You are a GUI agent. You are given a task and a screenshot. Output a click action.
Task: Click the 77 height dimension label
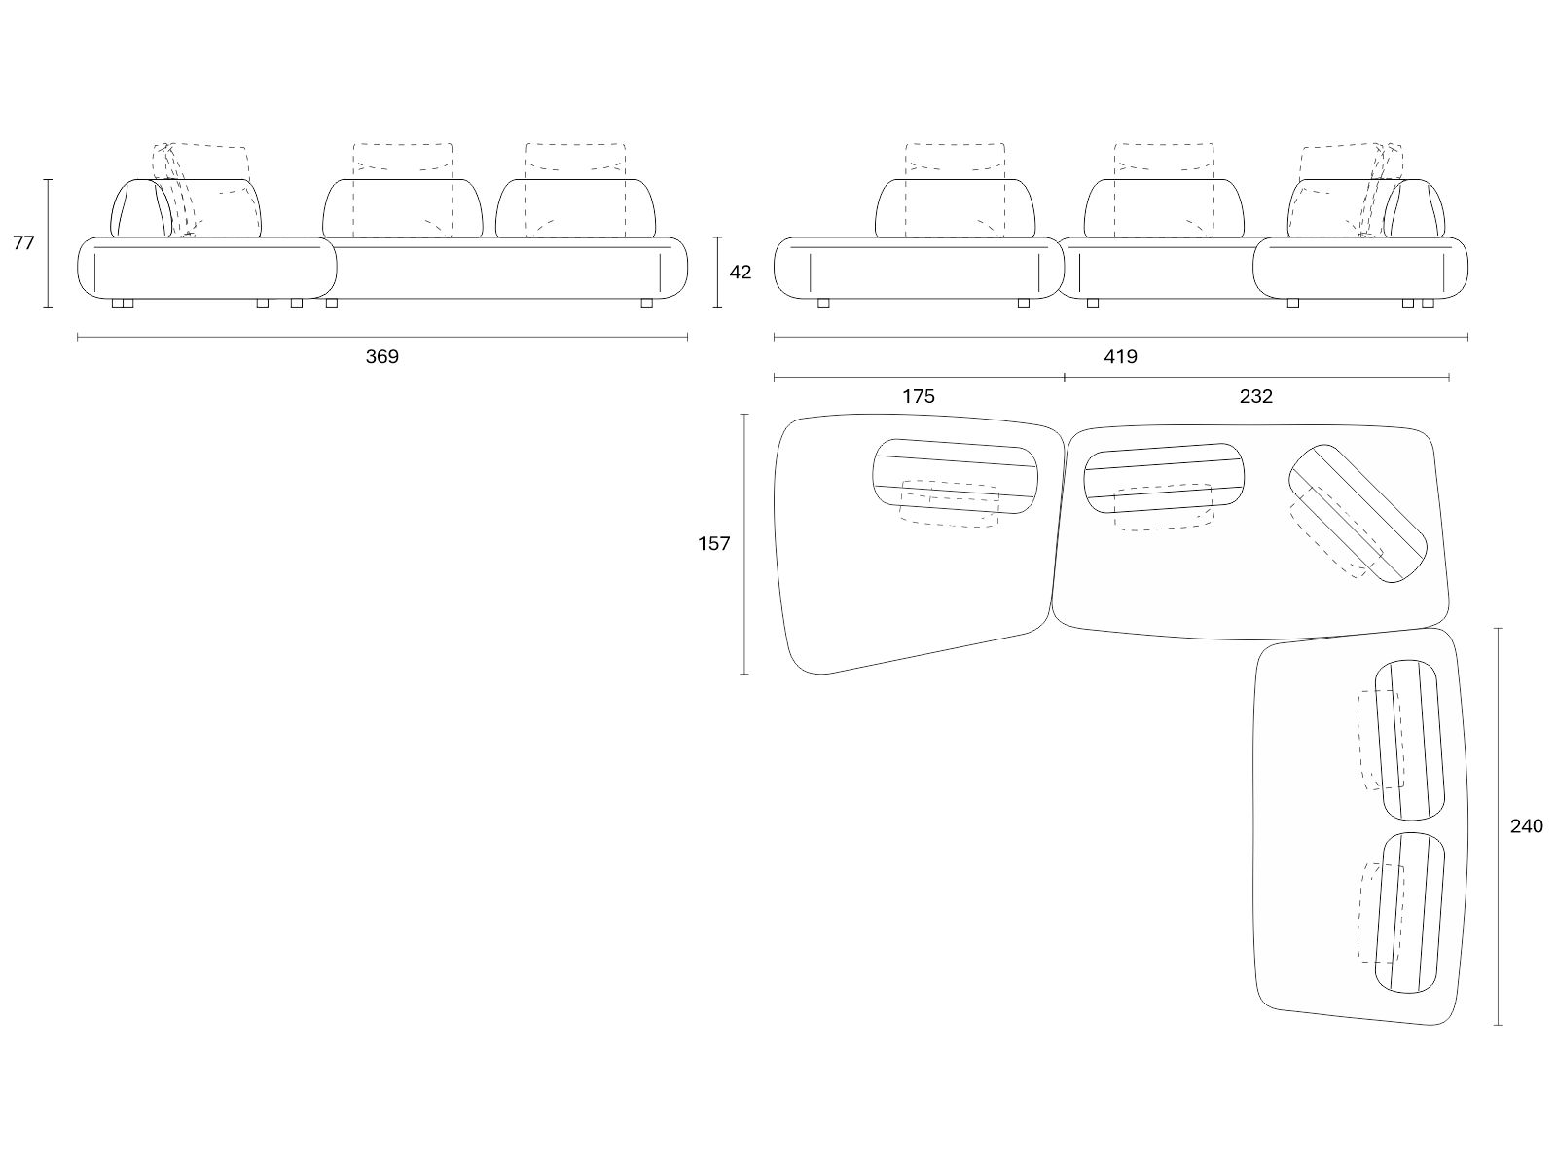click(x=23, y=242)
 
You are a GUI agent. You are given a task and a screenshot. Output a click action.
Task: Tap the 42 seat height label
click(x=740, y=272)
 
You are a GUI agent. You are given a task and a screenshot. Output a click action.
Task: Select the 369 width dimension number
click(x=381, y=356)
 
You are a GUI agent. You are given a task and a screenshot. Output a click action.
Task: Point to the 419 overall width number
click(x=1120, y=356)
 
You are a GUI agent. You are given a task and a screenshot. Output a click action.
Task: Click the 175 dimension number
click(x=918, y=396)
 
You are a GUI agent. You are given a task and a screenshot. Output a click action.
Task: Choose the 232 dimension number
click(x=1255, y=396)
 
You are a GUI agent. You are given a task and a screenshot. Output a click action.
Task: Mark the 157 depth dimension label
click(x=713, y=543)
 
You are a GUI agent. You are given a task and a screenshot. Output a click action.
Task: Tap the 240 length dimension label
click(x=1526, y=826)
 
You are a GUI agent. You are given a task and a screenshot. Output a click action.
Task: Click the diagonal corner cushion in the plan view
click(x=1358, y=514)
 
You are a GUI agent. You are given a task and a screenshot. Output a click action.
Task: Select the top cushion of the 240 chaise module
click(x=1409, y=740)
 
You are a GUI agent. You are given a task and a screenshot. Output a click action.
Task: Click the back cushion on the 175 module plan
click(x=955, y=476)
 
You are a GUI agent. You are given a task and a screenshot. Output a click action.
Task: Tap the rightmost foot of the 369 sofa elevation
click(x=646, y=303)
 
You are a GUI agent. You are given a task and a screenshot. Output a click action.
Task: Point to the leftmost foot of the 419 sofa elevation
click(x=823, y=303)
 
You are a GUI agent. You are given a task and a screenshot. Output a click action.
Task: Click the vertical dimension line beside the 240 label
click(x=1498, y=826)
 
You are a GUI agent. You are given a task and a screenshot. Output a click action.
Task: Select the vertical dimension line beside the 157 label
click(x=744, y=544)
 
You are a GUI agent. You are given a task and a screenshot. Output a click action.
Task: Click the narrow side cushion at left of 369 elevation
click(x=141, y=207)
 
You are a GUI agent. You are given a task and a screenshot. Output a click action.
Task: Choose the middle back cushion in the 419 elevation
click(x=1164, y=207)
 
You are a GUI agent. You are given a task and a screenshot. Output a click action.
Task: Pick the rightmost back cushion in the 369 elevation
click(x=575, y=207)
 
